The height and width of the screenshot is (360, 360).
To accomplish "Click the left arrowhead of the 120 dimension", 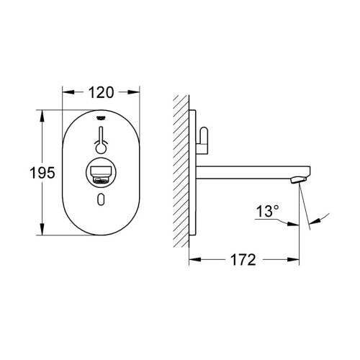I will tap(66, 92).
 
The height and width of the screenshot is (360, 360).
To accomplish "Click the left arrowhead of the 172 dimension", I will tap(195, 259).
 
